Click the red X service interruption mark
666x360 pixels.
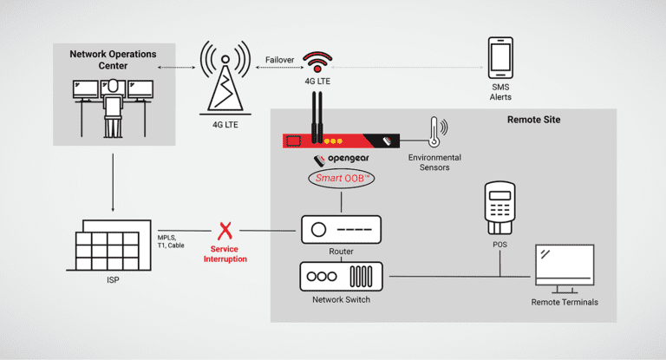coord(226,231)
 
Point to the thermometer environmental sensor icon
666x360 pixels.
coord(433,132)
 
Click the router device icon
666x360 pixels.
coord(340,230)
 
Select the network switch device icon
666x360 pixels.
coord(340,277)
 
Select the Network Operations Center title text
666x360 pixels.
coord(113,60)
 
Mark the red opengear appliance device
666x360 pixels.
coord(341,140)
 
